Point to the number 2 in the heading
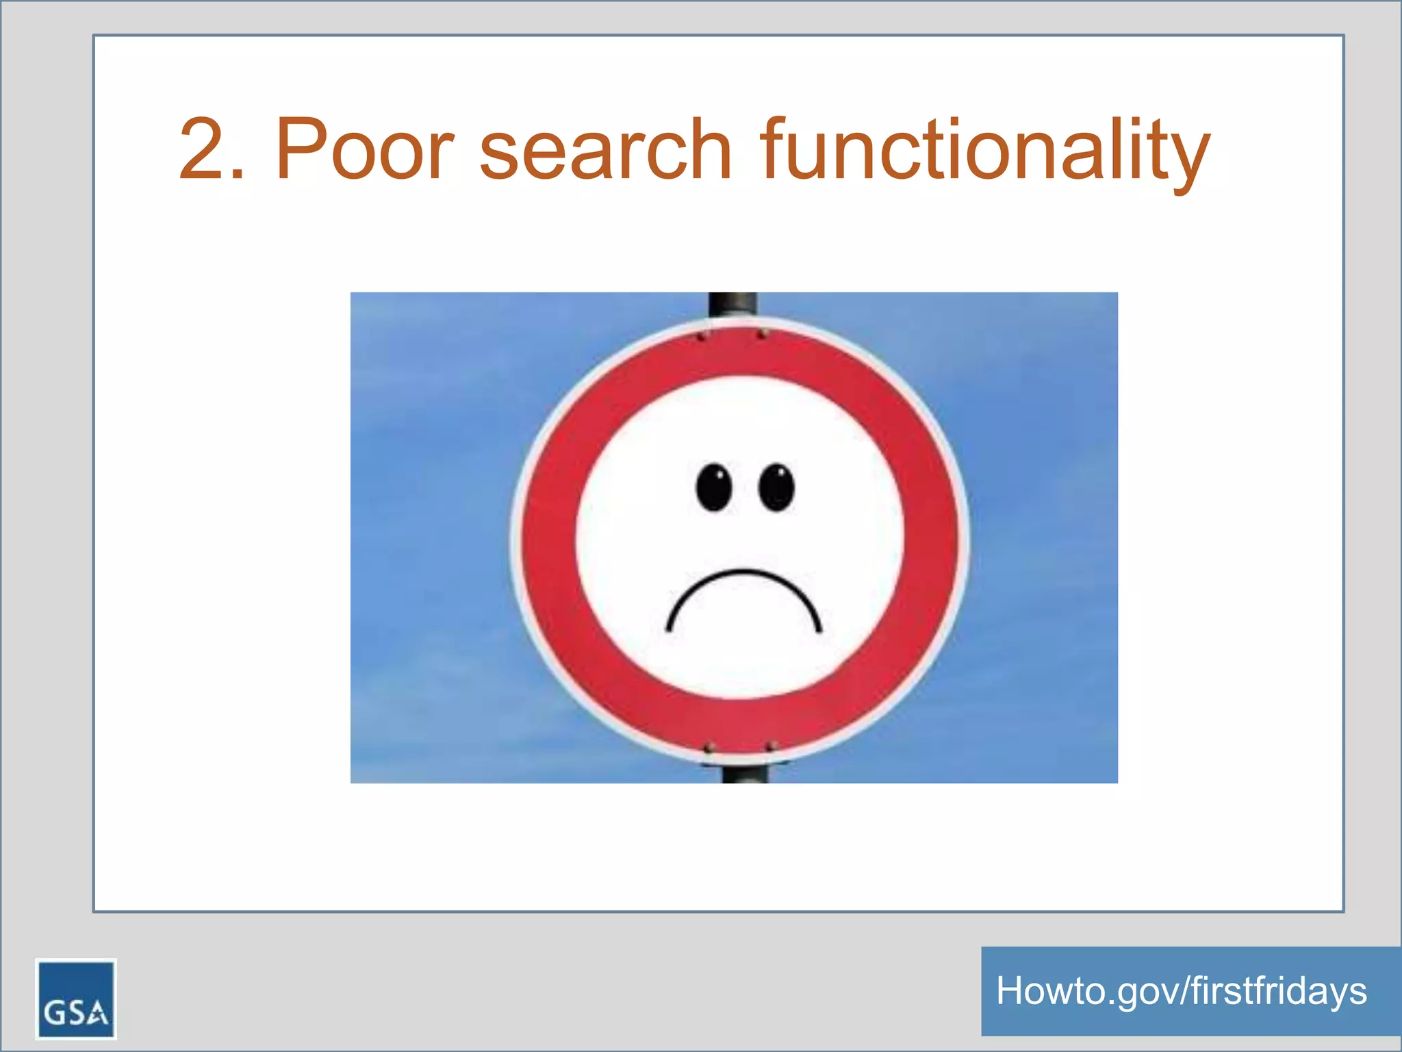pos(203,149)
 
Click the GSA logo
pos(76,999)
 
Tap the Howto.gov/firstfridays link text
pos(1181,991)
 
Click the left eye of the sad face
pos(714,488)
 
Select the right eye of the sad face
pos(777,488)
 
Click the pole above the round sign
pos(732,303)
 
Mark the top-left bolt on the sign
pos(701,337)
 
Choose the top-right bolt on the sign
pos(762,334)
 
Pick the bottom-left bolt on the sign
pos(710,746)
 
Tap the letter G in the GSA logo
pos(54,1012)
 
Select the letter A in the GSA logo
pos(97,1012)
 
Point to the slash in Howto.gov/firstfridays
pos(1184,991)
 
